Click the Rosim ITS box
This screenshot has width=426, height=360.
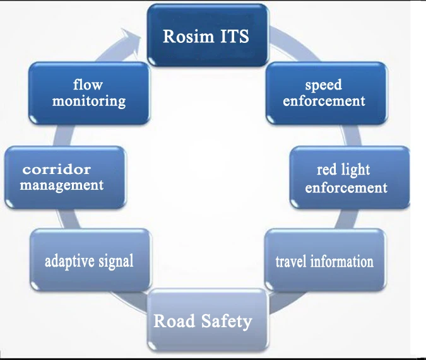click(207, 35)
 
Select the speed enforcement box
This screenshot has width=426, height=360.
click(324, 93)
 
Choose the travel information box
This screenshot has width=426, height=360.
click(324, 260)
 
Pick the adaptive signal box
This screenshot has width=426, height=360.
click(89, 259)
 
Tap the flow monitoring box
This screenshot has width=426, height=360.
click(89, 93)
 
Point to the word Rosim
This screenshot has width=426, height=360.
click(185, 36)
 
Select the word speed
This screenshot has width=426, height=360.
click(324, 85)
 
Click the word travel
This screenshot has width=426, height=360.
click(293, 260)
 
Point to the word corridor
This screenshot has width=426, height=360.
click(57, 170)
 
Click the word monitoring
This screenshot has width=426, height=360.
click(89, 100)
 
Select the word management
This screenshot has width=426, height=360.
click(61, 185)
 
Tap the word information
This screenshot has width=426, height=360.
click(343, 260)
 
